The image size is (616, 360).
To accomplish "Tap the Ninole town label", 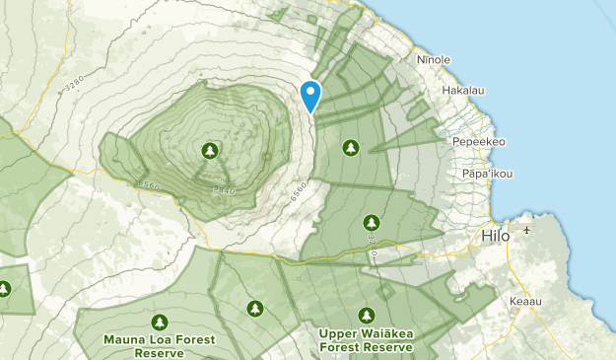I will coord(434,60).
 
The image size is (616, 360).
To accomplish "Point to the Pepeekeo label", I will coord(478,142).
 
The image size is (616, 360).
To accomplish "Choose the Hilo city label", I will coord(497,237).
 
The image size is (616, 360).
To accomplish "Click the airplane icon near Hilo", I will coord(527,231).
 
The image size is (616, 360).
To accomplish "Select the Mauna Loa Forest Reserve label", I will coord(159,346).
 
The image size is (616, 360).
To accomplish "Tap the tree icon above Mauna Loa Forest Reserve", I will coord(159,322).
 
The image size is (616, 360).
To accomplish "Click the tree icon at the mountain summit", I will coord(209,150).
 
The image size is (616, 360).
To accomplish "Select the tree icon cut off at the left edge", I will coord(4,289).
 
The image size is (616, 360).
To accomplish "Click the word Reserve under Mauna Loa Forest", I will coord(159,353).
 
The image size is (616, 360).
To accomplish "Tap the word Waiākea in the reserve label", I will coord(379,333).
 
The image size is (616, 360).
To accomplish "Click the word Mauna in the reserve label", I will coord(123,340).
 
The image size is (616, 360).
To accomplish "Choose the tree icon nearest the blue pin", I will coord(350,147).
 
